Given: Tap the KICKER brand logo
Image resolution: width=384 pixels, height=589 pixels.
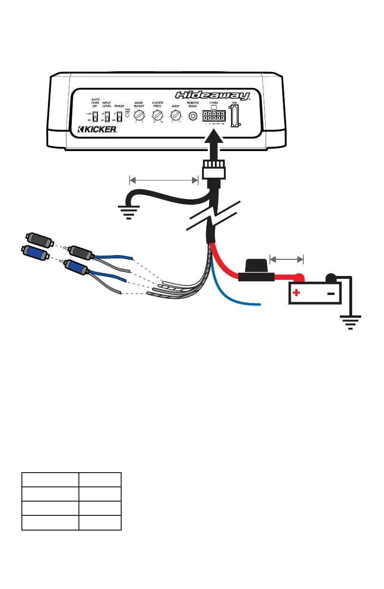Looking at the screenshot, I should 97,129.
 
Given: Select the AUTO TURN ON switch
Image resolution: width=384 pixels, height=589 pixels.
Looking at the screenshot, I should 95,116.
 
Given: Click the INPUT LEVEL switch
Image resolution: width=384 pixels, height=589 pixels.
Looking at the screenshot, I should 107,116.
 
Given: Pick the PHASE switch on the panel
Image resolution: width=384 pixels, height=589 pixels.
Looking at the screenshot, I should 119,116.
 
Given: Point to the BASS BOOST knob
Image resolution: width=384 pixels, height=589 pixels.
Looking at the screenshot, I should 138,115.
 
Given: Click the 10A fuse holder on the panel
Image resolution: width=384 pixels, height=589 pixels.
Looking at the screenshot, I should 235,117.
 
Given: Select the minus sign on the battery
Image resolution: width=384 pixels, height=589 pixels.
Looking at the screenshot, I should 331,293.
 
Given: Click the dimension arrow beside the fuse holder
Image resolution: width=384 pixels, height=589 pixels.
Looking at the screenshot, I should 286,259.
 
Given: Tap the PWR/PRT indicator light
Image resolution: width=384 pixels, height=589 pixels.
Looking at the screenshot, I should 127,116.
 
